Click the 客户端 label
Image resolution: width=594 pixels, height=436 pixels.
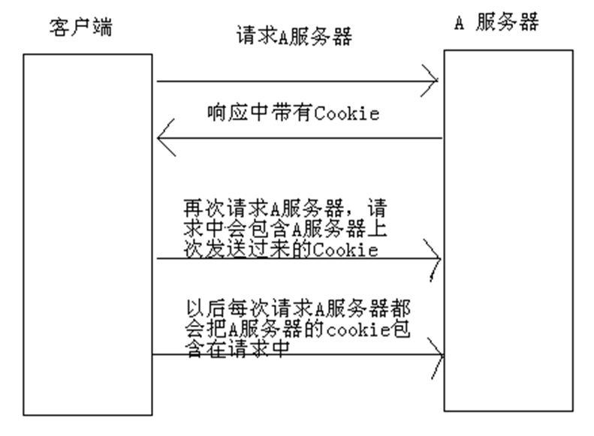[x=80, y=29]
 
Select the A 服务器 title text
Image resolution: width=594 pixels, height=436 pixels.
[x=496, y=23]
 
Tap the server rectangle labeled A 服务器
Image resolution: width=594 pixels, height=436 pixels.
[x=508, y=230]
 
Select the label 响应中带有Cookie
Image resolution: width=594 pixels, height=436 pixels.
[x=294, y=114]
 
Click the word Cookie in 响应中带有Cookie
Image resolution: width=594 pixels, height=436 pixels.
[x=347, y=114]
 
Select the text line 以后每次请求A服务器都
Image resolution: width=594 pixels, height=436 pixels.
[x=297, y=308]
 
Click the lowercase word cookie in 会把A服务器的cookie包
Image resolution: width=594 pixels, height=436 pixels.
[x=351, y=329]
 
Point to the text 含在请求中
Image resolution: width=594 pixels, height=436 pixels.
[x=237, y=350]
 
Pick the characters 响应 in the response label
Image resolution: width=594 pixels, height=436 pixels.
[x=223, y=114]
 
